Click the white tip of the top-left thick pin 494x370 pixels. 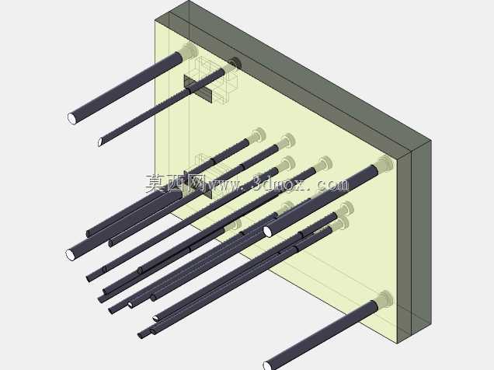pos(72,118)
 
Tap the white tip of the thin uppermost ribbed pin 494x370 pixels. pos(100,142)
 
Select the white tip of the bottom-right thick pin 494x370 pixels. pos(267,366)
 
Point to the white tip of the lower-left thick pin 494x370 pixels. pos(70,255)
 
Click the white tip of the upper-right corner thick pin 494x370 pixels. pos(268,232)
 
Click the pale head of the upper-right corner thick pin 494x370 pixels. pos(385,165)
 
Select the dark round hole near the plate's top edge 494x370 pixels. pos(235,63)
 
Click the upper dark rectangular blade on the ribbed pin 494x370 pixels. pos(198,89)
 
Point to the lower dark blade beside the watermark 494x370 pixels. pos(198,185)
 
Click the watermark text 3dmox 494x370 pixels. pos(279,183)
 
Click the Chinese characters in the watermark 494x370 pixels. pos(174,183)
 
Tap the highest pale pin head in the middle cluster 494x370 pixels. pos(258,135)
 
